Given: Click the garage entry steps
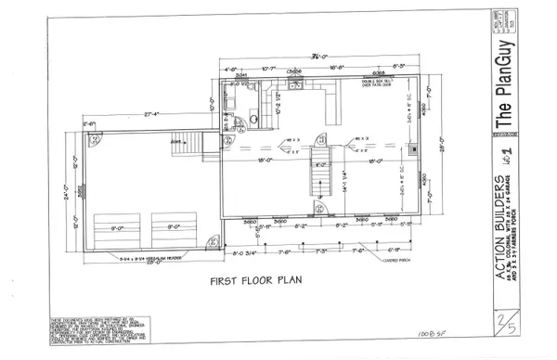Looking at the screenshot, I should [192, 143].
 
